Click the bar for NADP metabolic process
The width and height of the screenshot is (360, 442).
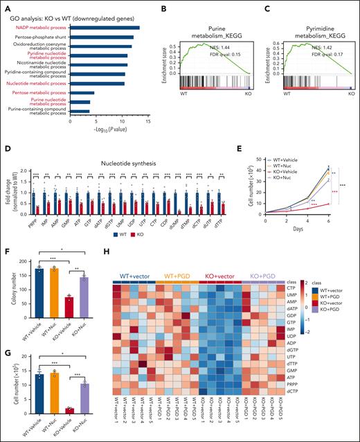pyautogui.click(x=105, y=28)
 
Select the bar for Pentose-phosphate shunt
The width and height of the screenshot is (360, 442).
pyautogui.click(x=102, y=37)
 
